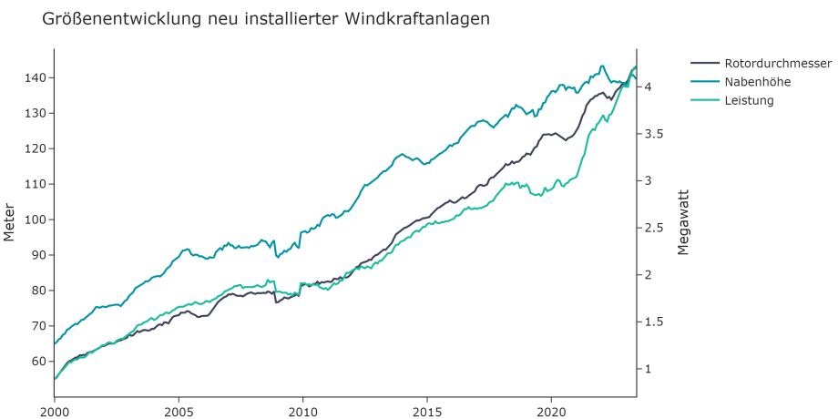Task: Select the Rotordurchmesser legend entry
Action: (778, 64)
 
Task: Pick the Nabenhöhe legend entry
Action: (757, 82)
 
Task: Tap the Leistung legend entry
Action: (749, 100)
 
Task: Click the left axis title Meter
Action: (10, 222)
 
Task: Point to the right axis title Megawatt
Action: (684, 222)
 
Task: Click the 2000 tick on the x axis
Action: (54, 412)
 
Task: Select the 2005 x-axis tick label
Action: (179, 412)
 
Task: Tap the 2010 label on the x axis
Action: (302, 412)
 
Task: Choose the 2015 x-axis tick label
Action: (427, 412)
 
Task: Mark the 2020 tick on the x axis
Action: (551, 412)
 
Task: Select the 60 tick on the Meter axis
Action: (38, 362)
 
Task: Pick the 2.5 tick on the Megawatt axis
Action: (652, 228)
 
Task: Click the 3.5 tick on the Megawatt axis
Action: (652, 134)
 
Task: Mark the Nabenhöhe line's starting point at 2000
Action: (55, 343)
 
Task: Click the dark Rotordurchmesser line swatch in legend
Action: (705, 64)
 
